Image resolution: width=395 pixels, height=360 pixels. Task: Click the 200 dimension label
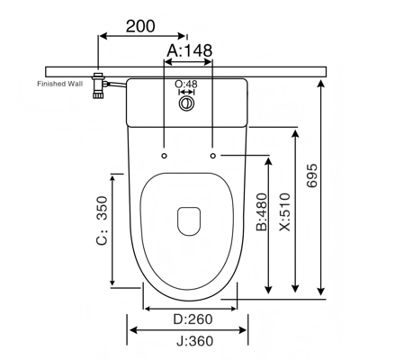pos(140,26)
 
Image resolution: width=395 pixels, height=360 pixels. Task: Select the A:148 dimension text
pos(189,50)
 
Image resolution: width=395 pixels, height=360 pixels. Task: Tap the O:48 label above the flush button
pos(186,84)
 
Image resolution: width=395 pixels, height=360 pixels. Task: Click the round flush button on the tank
pos(187,103)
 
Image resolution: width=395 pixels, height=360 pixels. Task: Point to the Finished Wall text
pos(59,84)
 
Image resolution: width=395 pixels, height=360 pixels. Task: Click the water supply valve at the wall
pos(99,85)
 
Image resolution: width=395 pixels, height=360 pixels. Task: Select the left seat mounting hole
pos(164,156)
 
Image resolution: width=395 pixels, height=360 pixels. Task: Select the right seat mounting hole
pos(212,156)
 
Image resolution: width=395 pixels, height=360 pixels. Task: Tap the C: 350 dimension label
pos(102,220)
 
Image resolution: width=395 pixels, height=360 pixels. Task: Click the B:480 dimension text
pos(262,211)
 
